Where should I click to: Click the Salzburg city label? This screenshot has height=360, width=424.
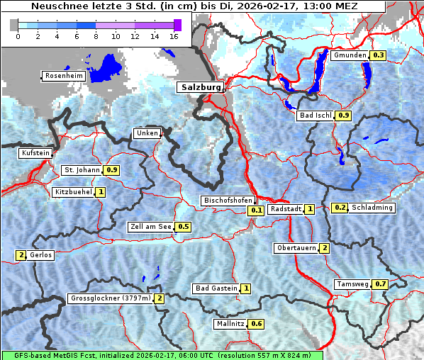[200, 87]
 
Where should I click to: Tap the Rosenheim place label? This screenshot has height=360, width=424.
[64, 75]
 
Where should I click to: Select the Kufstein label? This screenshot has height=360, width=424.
[35, 153]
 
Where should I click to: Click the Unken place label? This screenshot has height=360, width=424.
[147, 133]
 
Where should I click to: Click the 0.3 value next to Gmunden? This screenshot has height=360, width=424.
[378, 55]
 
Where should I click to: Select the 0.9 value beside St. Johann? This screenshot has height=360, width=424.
[112, 170]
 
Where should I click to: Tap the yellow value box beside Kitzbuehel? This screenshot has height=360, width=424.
[101, 192]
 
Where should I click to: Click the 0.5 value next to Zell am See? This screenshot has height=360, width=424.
[183, 227]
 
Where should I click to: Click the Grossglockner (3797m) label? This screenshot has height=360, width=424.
[111, 298]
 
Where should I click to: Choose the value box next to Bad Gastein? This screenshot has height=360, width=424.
[245, 288]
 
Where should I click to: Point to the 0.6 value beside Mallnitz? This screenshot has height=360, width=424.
[257, 324]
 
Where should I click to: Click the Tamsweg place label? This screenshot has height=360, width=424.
[352, 284]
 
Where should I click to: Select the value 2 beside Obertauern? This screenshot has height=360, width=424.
[324, 248]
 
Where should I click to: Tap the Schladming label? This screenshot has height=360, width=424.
[372, 208]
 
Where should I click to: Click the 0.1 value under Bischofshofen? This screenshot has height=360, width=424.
[256, 210]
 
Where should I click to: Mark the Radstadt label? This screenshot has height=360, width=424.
[286, 209]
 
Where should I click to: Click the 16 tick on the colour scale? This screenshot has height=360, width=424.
[173, 36]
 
